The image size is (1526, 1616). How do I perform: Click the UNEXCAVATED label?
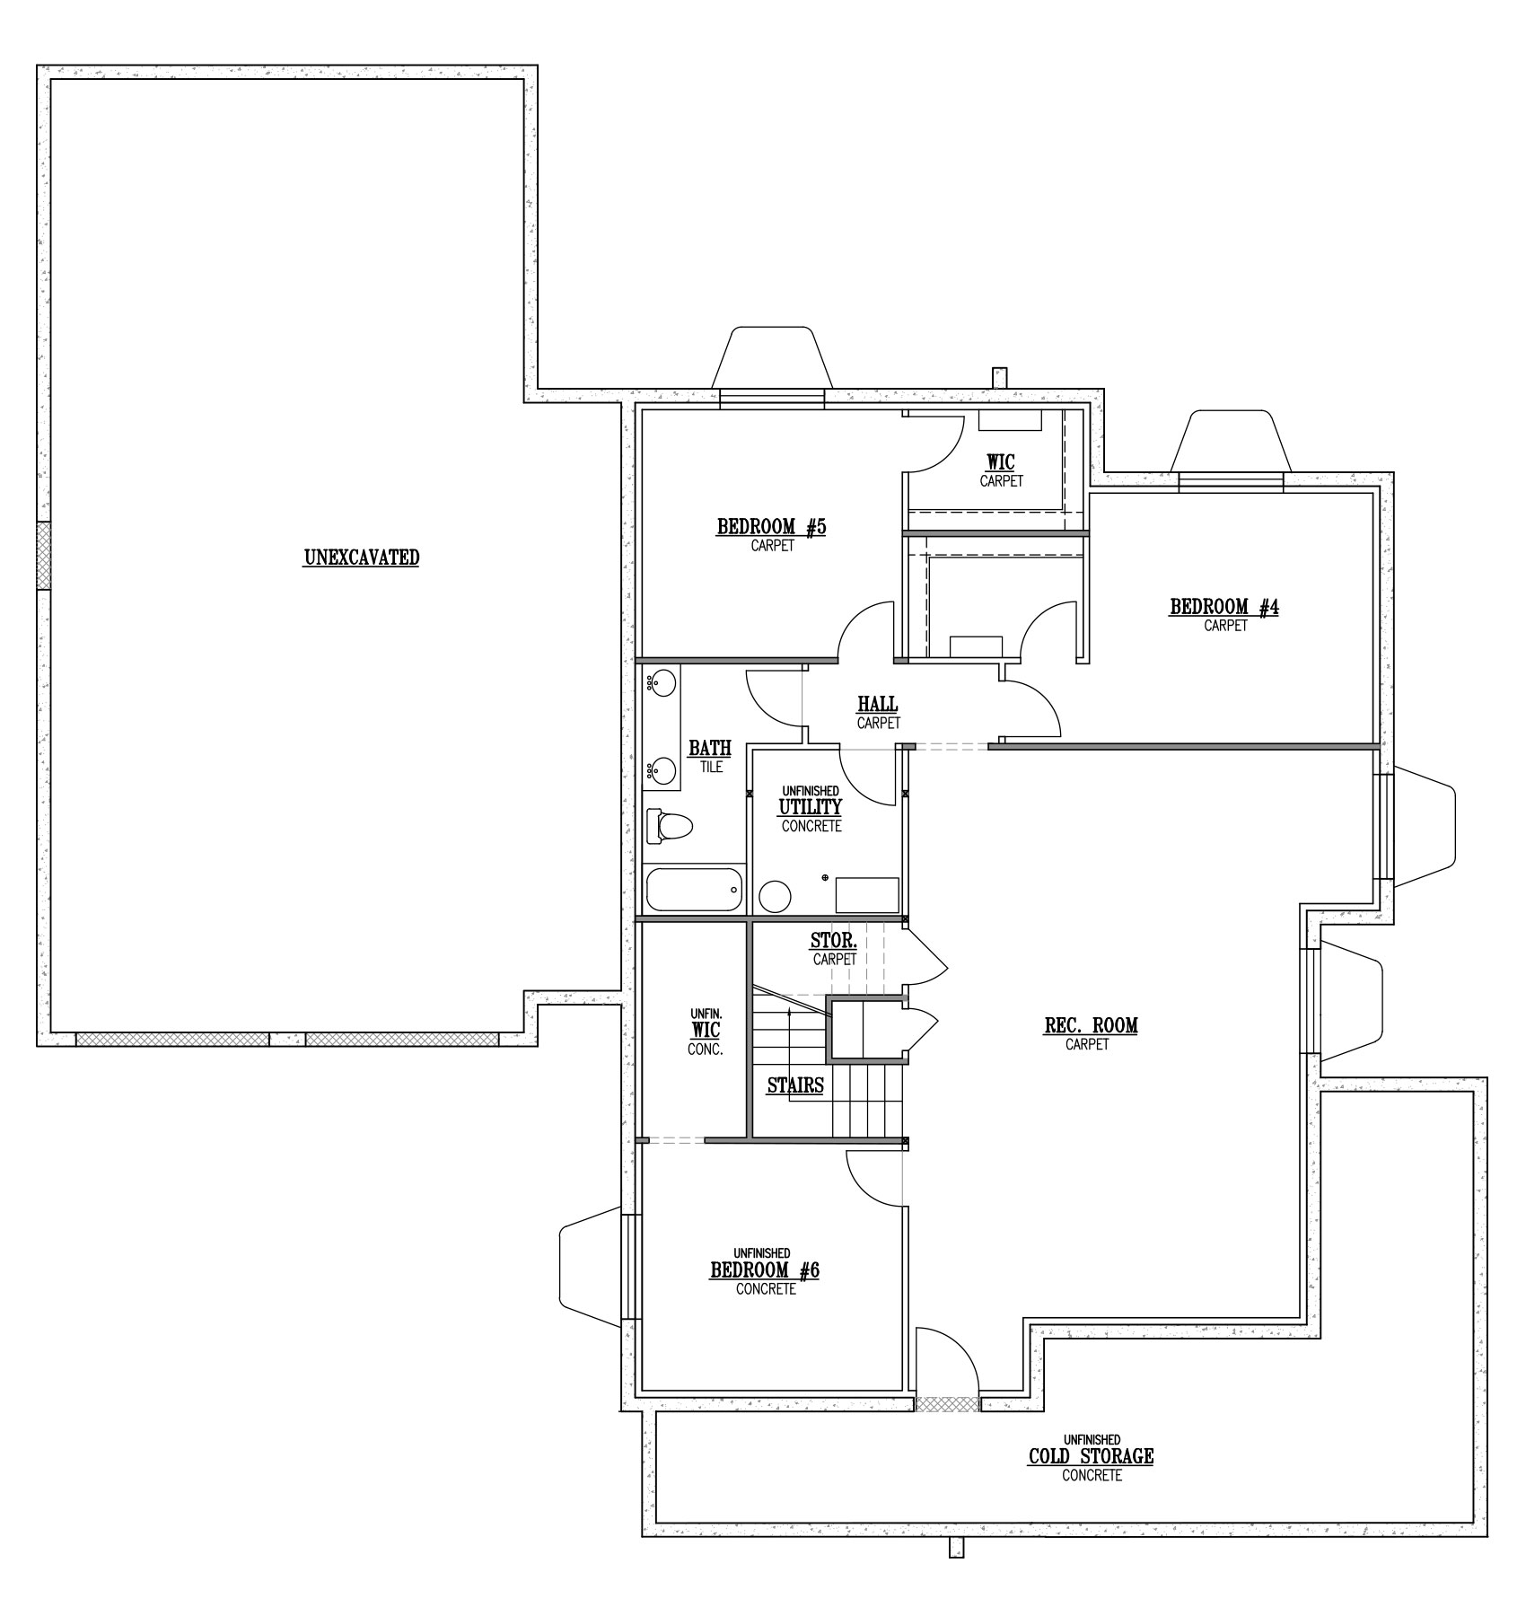[362, 558]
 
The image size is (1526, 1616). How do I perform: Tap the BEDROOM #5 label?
[771, 527]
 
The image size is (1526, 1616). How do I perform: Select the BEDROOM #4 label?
[1224, 608]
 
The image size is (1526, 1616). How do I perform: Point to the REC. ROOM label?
[1091, 1025]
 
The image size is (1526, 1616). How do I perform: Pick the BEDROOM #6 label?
[765, 1270]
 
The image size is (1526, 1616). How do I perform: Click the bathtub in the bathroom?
[695, 890]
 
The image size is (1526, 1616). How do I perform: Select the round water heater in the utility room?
[775, 895]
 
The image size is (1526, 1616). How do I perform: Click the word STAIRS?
[795, 1085]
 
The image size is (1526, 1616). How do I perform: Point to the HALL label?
[878, 705]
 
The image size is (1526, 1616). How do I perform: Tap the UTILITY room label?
[811, 806]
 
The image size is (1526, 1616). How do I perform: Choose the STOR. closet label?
[834, 942]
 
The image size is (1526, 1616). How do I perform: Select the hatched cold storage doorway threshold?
[947, 1403]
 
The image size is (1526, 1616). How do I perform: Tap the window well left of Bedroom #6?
[590, 1267]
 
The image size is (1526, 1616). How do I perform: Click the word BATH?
[710, 748]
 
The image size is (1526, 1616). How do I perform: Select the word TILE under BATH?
[711, 768]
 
